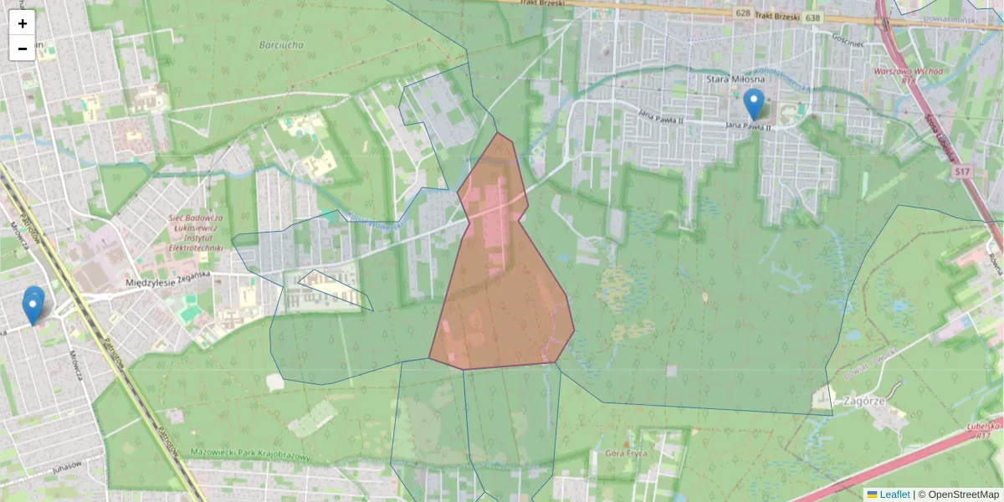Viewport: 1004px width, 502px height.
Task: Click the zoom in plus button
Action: [x=23, y=23]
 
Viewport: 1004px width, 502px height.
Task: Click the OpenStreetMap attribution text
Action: [x=963, y=494]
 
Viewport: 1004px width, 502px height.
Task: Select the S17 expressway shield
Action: [x=962, y=172]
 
